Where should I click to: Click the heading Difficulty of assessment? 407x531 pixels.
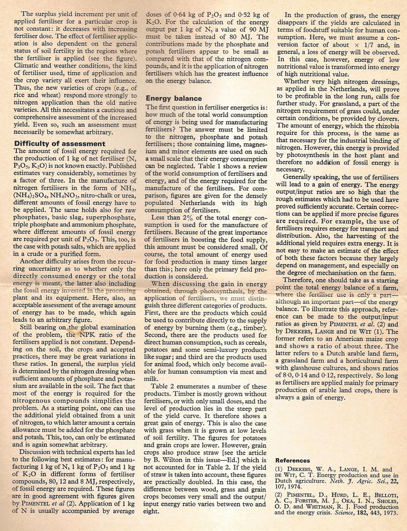coord(60,143)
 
